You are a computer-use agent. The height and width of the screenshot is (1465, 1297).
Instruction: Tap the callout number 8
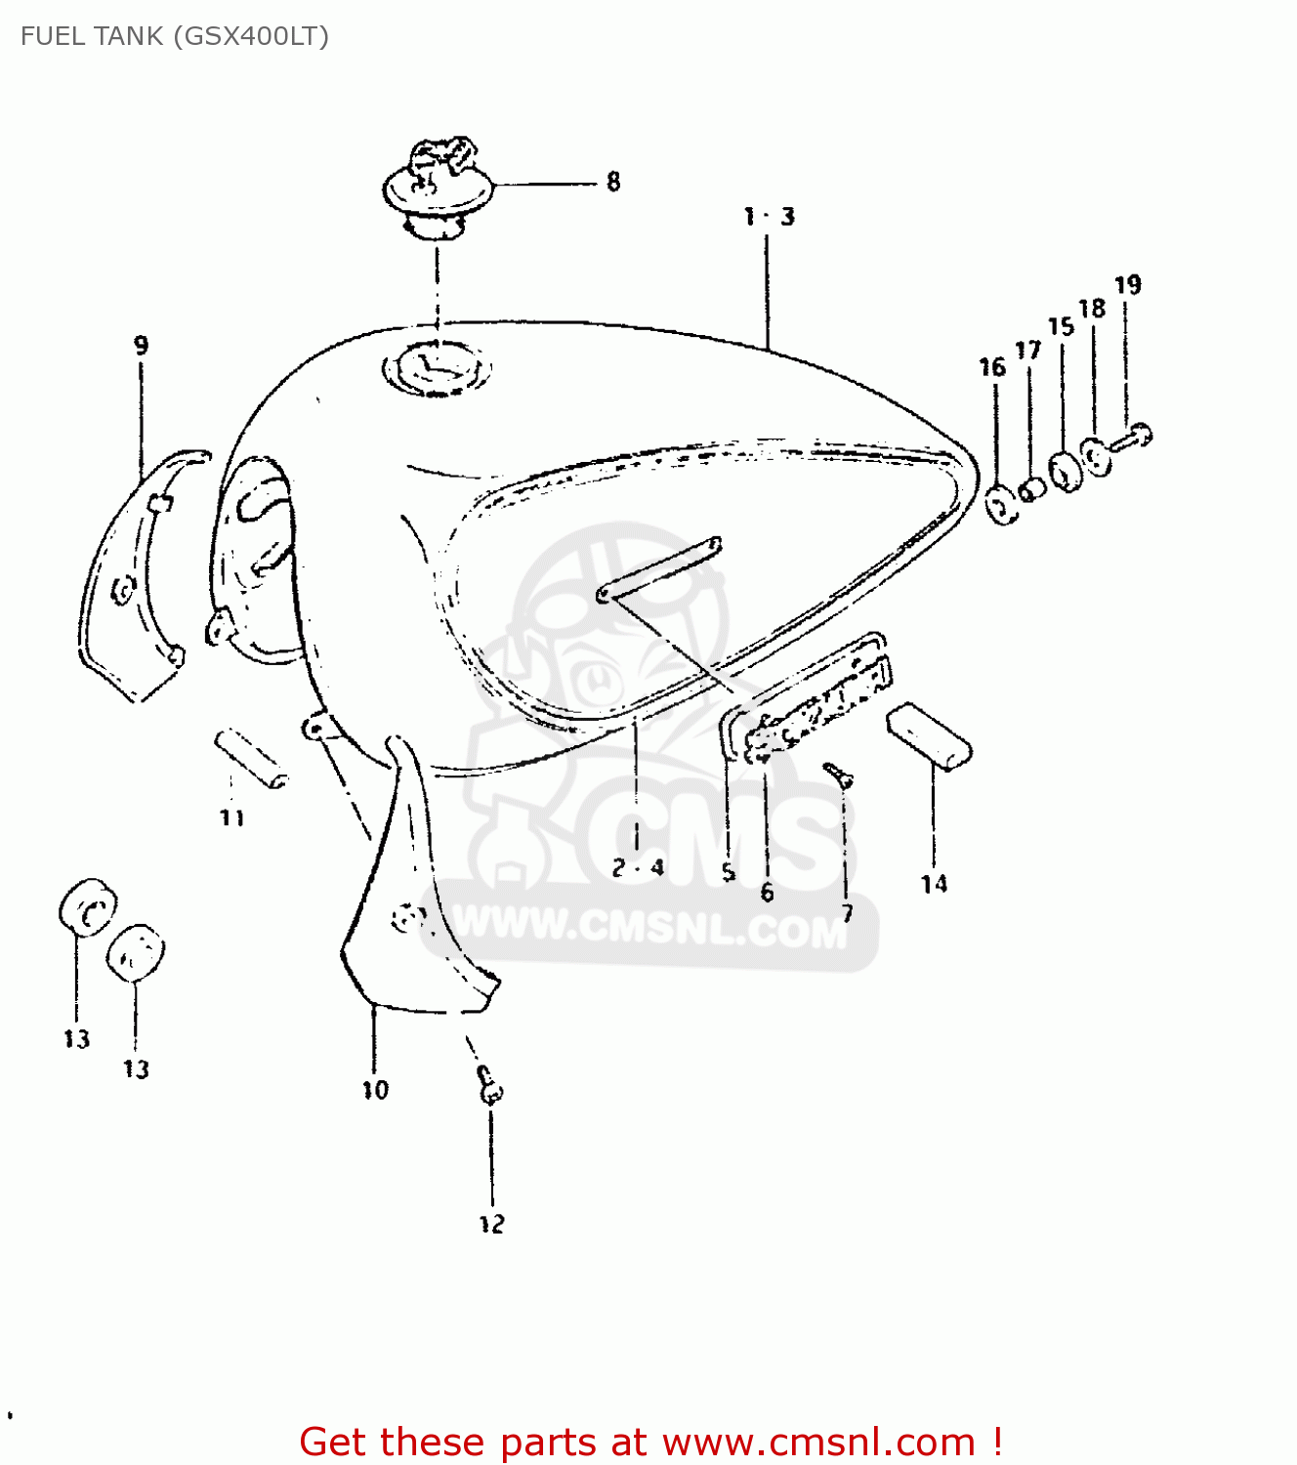click(x=613, y=182)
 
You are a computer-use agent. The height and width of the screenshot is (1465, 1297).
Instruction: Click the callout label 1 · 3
click(x=769, y=217)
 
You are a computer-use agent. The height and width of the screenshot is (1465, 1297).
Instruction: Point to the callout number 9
click(x=142, y=345)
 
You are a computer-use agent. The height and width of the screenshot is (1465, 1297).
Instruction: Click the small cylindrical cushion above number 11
click(x=252, y=758)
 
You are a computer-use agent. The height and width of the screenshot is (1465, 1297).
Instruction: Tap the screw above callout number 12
click(x=488, y=1084)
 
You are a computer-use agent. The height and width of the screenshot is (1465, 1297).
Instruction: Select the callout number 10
click(x=375, y=1090)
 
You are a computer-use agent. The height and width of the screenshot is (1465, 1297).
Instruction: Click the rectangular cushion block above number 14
click(x=929, y=736)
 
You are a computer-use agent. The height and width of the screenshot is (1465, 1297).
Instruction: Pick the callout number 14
click(x=934, y=884)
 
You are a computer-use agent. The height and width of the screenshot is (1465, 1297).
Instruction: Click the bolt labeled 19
click(x=1134, y=438)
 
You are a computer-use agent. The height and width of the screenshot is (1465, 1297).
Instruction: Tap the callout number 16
click(x=992, y=367)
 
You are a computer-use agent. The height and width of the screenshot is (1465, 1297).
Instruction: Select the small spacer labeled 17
click(x=1031, y=488)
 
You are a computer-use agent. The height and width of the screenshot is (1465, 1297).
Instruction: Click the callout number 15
click(x=1061, y=327)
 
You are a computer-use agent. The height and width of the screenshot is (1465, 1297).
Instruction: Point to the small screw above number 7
click(x=838, y=774)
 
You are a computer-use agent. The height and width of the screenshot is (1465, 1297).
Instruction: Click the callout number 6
click(x=767, y=892)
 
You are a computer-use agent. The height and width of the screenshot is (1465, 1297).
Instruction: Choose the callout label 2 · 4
click(x=638, y=867)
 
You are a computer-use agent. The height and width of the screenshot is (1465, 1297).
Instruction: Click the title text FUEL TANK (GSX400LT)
click(x=175, y=36)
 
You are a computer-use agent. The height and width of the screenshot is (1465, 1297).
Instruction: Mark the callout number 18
click(x=1092, y=309)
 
